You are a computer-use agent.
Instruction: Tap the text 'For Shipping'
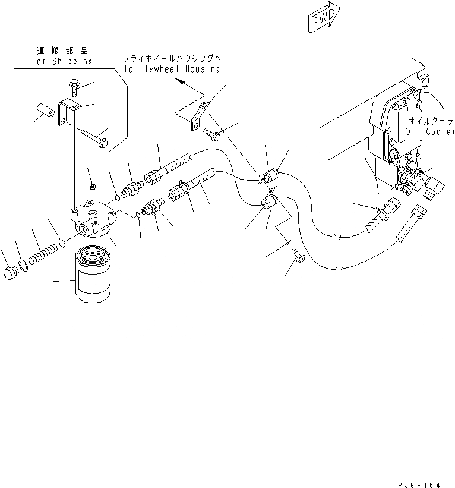click(x=62, y=61)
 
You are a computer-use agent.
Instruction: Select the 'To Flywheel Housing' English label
click(x=172, y=68)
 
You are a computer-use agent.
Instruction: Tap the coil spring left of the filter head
click(x=43, y=257)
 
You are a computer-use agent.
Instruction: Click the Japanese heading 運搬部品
click(x=62, y=52)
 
